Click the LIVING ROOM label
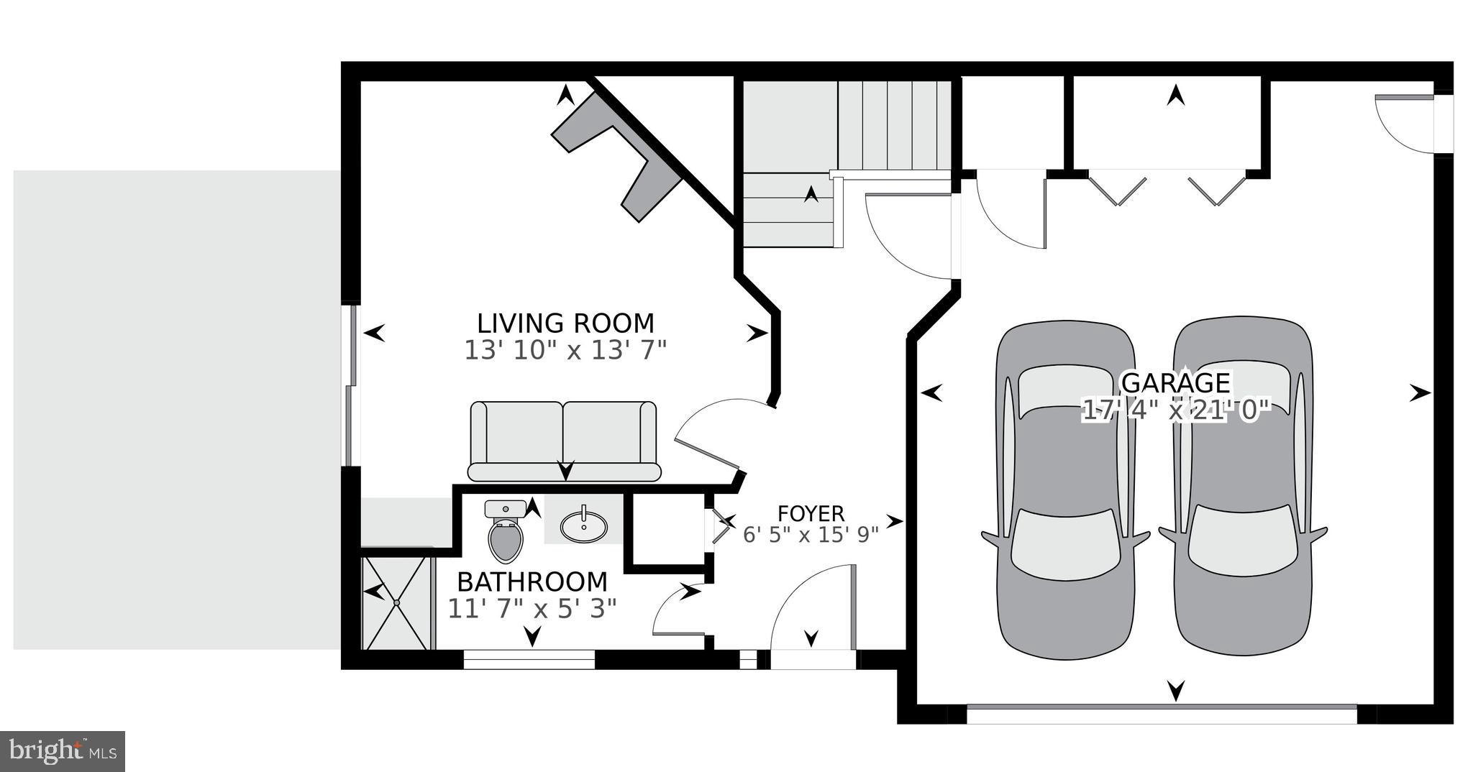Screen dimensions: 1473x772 pos(566,323)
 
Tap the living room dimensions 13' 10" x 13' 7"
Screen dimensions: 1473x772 pos(565,350)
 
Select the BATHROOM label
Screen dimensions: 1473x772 pos(532,581)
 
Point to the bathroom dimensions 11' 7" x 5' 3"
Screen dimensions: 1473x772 pos(532,609)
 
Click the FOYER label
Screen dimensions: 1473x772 pos(811,514)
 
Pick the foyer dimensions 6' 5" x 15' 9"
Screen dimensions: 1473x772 pos(811,536)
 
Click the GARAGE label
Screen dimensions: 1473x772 pos(1176,382)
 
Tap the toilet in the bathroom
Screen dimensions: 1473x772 pos(505,532)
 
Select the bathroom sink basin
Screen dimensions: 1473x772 pos(583,524)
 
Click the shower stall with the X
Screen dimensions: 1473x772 pos(396,602)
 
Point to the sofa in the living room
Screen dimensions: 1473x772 pos(564,441)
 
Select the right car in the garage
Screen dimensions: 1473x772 pos(1243,487)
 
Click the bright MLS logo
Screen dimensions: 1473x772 pos(63,751)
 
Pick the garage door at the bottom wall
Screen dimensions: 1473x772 pos(1162,714)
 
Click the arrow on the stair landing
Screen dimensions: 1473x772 pos(811,193)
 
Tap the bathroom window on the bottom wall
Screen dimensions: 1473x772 pos(529,659)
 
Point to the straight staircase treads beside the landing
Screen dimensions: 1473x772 pos(895,125)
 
